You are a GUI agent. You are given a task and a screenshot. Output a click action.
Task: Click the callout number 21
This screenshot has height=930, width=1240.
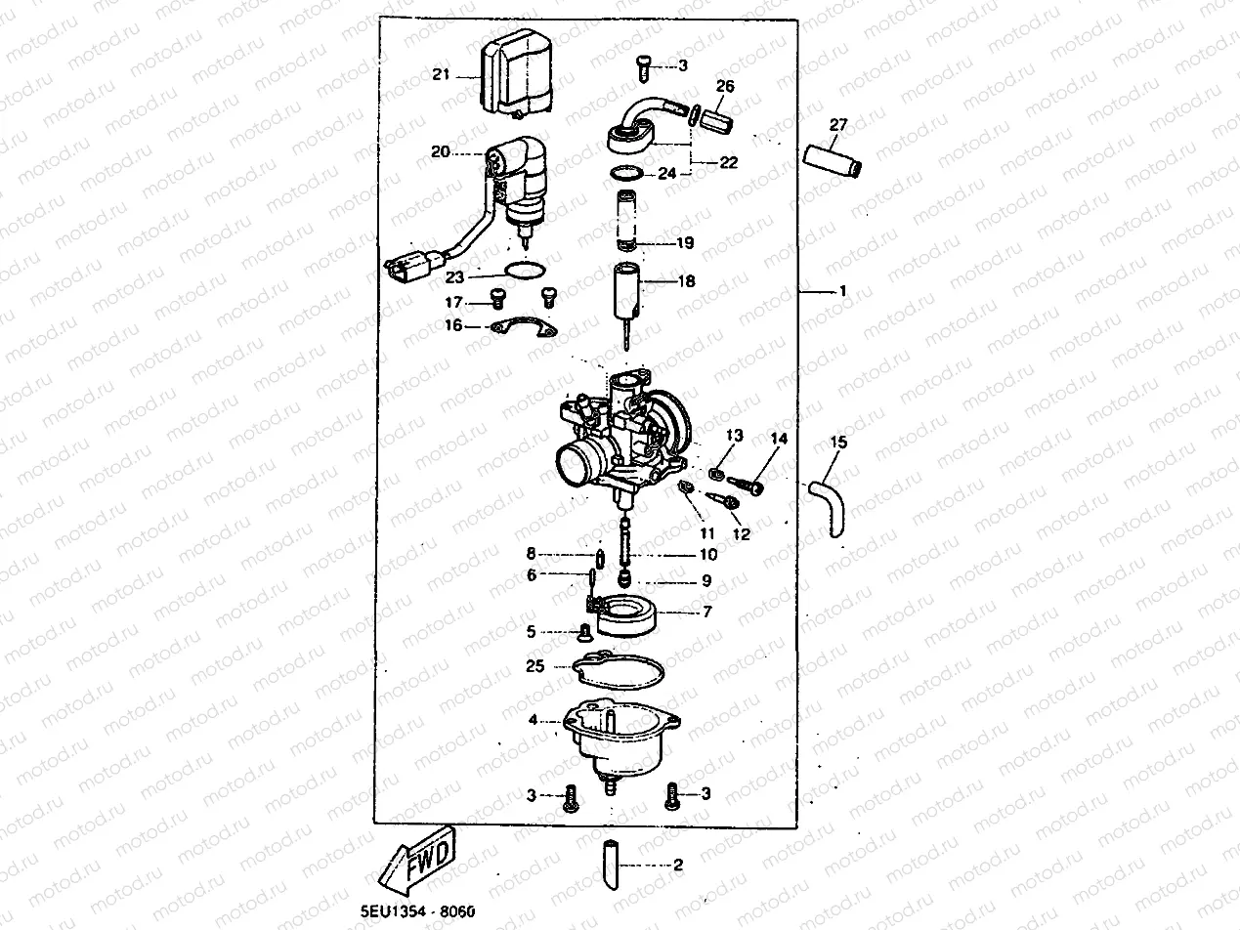440,74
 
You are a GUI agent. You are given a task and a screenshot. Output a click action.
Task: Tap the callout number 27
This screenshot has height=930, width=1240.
838,124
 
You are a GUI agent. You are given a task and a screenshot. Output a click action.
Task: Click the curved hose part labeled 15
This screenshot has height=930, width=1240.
829,499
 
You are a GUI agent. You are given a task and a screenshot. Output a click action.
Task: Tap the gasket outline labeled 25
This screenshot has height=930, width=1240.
619,671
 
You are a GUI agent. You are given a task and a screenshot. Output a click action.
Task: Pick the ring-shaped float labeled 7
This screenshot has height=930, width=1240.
624,616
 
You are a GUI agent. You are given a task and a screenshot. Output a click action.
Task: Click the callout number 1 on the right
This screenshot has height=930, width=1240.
841,291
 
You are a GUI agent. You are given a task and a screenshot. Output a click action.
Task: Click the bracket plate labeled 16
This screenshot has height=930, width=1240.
524,329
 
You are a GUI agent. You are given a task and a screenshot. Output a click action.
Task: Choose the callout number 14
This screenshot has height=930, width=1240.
778,439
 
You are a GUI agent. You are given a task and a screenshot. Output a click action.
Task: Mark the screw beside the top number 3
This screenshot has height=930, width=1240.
644,65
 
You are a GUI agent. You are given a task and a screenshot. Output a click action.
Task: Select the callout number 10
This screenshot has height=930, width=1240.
706,554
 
